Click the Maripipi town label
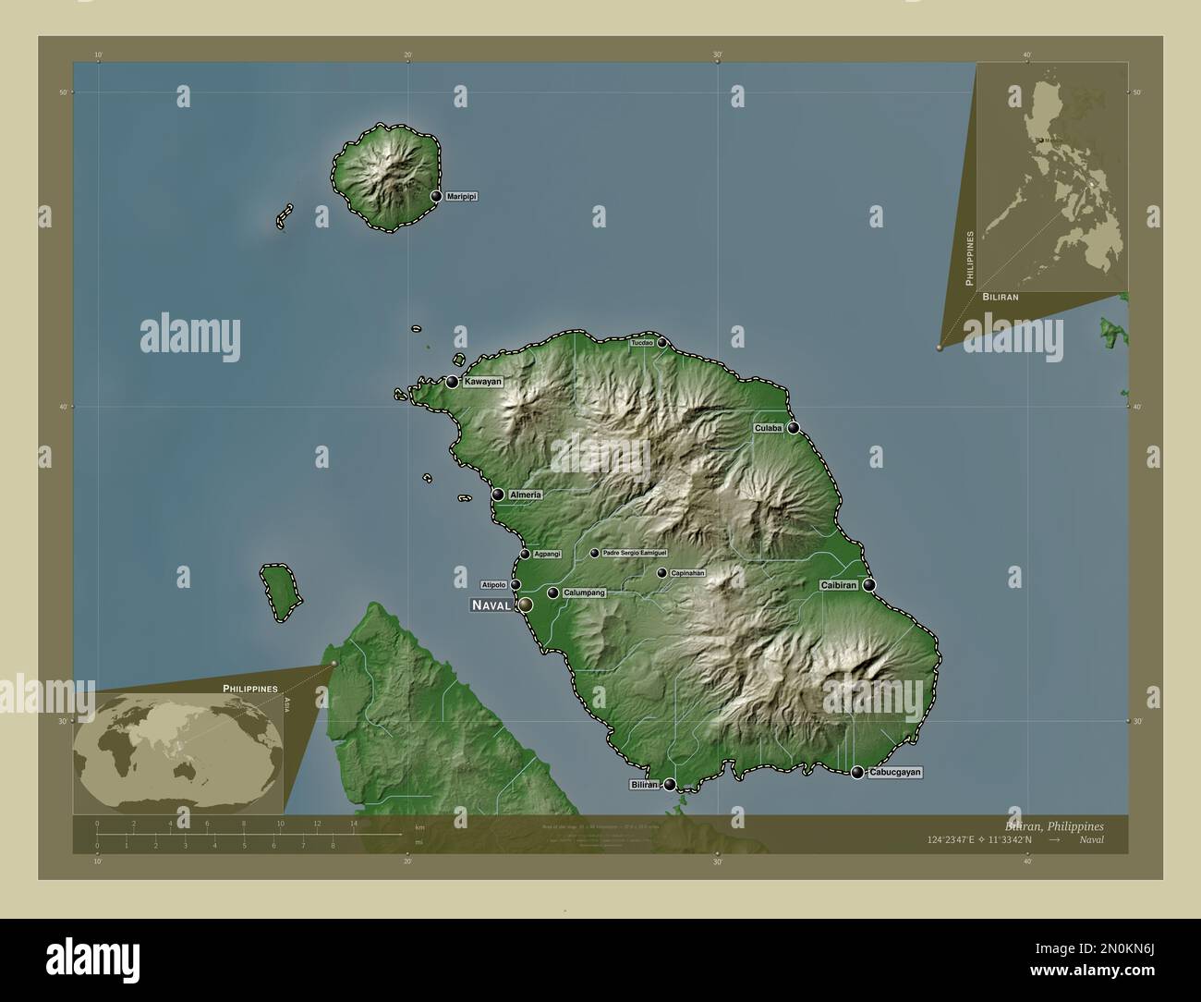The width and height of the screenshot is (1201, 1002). pos(461,197)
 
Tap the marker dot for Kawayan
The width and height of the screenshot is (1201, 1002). pos(453,382)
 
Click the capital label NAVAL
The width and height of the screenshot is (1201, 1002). pos(492,605)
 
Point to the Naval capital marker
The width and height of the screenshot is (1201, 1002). pos(526,605)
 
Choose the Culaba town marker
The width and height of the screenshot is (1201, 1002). pos(793,428)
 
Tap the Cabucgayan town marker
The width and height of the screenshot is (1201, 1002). pos(857,773)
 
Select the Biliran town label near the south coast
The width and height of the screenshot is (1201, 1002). pos(644,785)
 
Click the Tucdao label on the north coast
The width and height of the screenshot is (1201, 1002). pos(642,343)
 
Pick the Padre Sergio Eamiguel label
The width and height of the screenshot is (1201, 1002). pos(634,554)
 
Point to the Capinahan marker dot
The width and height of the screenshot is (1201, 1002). pos(661,573)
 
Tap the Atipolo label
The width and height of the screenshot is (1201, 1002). pos(493,584)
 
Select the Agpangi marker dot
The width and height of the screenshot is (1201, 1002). pos(525,555)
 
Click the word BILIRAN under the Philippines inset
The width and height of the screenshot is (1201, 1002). pos(1001,298)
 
